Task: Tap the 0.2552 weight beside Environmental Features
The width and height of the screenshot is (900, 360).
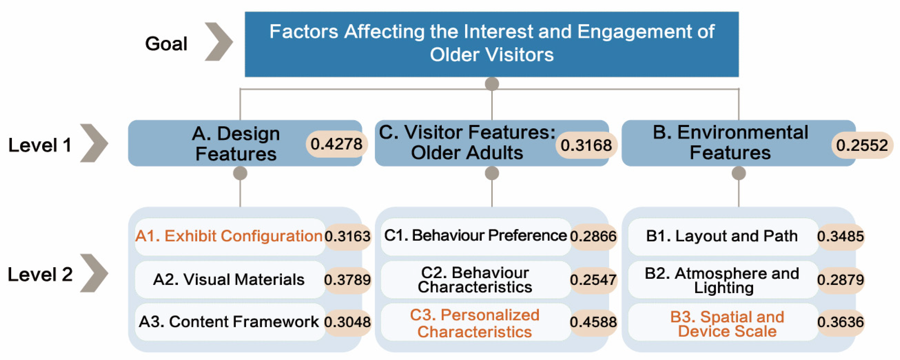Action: coord(862,145)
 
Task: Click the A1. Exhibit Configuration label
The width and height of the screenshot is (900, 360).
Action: coord(228,236)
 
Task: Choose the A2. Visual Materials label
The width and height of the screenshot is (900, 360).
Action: coord(228,279)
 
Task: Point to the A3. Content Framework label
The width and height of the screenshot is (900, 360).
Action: coord(228,322)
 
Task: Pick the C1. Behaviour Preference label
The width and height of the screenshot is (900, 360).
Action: coord(475,235)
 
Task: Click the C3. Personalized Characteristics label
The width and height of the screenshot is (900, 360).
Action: coord(475,323)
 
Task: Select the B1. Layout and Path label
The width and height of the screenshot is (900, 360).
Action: coord(722,236)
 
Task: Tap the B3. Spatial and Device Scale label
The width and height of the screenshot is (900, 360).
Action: coord(727,324)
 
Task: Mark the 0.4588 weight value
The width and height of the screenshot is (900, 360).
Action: coord(593,322)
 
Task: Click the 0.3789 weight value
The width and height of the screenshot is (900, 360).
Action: coord(347,280)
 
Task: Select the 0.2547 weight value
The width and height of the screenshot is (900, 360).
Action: coord(593,280)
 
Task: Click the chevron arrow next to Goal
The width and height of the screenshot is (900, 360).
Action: coord(219,41)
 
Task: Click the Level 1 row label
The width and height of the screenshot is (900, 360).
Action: coord(40,145)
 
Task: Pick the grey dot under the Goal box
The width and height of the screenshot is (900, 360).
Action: coord(492,84)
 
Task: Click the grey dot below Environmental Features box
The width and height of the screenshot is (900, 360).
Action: coord(739,173)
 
